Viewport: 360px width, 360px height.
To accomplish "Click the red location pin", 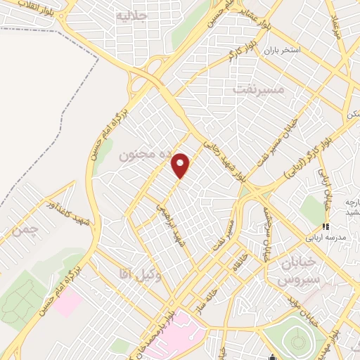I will pos(181,165).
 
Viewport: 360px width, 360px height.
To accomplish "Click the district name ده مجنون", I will pos(126,153).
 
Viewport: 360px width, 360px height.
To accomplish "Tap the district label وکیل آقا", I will pos(141,276).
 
